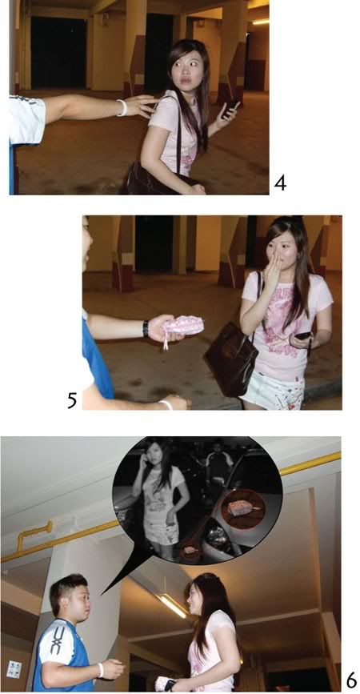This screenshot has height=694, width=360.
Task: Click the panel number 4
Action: tap(279, 183)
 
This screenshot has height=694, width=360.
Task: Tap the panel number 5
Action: tap(72, 399)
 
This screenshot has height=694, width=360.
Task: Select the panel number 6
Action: tap(350, 680)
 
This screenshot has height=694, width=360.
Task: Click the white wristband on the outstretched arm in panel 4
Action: tap(122, 107)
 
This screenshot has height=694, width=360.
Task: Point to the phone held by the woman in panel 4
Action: tap(230, 109)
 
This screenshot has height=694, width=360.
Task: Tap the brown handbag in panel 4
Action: tap(144, 179)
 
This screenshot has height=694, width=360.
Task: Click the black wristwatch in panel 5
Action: tap(146, 328)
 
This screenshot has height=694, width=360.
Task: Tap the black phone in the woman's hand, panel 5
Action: tap(302, 336)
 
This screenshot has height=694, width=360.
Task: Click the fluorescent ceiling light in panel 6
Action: tap(172, 605)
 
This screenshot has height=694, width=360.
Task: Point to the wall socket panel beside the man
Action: tap(14, 669)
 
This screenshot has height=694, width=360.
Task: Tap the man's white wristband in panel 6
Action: tap(100, 669)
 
